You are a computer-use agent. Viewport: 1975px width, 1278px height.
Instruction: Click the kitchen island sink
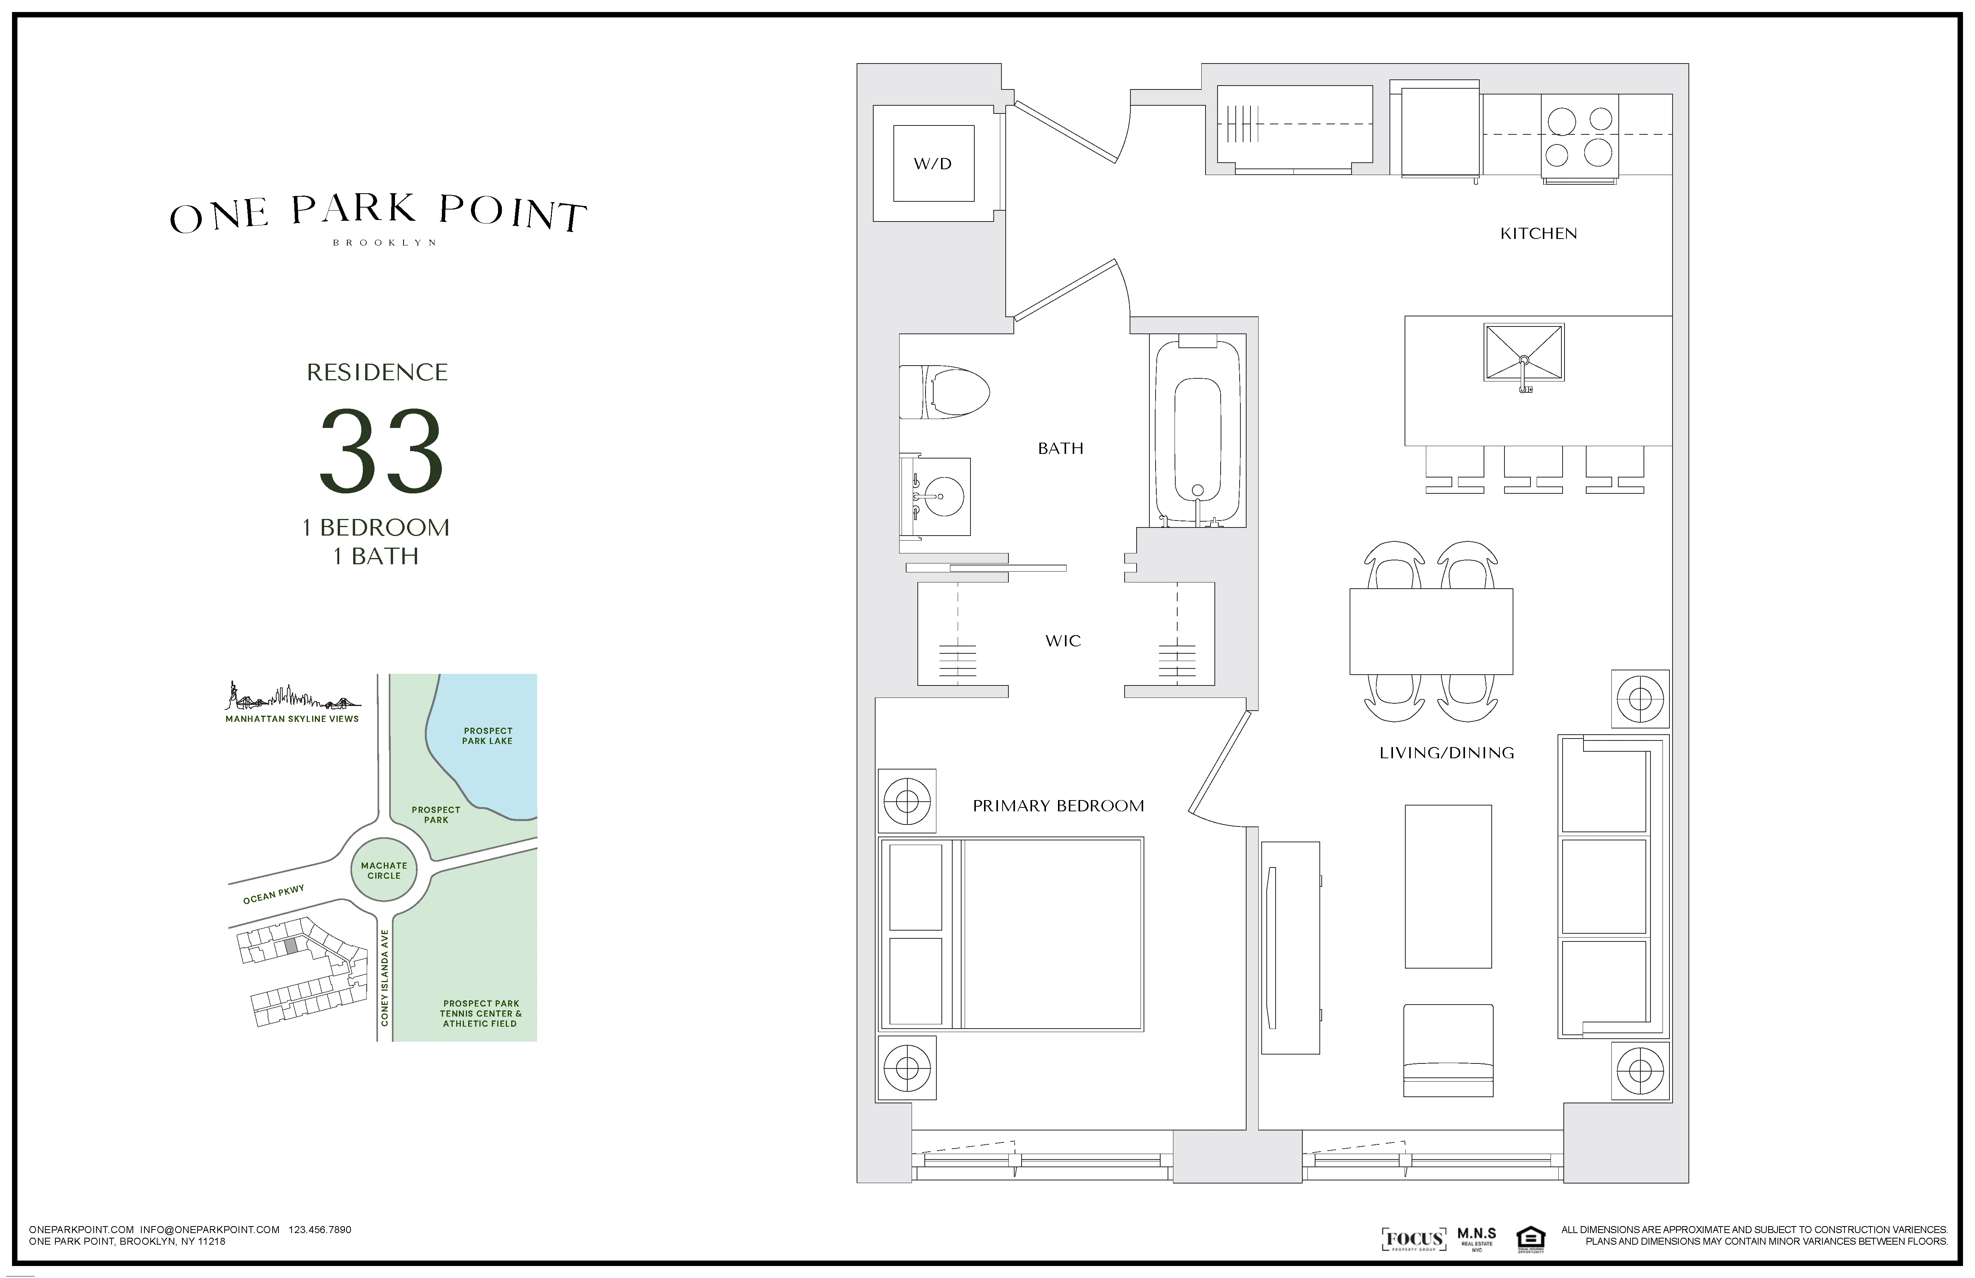coord(1523,353)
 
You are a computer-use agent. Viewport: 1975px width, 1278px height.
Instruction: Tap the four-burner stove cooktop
coord(1579,137)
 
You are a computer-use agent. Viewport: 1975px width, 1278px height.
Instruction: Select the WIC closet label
coord(1063,641)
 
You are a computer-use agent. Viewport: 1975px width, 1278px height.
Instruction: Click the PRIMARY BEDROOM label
coord(1058,806)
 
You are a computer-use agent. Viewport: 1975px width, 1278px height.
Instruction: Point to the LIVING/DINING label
coord(1446,753)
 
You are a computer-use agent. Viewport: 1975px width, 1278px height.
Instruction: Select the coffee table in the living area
coord(1448,886)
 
